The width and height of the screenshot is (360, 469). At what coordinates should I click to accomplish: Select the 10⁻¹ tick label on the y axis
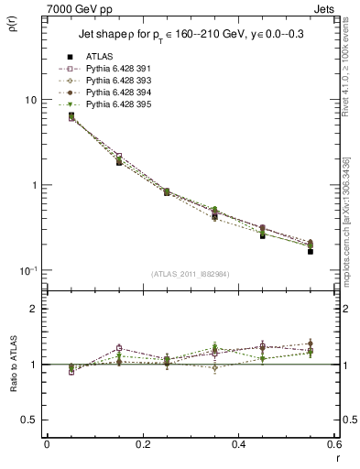[29, 270]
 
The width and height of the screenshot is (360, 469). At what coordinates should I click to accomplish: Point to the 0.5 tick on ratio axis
[31, 420]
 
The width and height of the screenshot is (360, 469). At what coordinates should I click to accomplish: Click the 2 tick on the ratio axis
[35, 310]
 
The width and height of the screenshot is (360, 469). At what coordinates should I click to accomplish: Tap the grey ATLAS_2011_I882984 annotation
[190, 274]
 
